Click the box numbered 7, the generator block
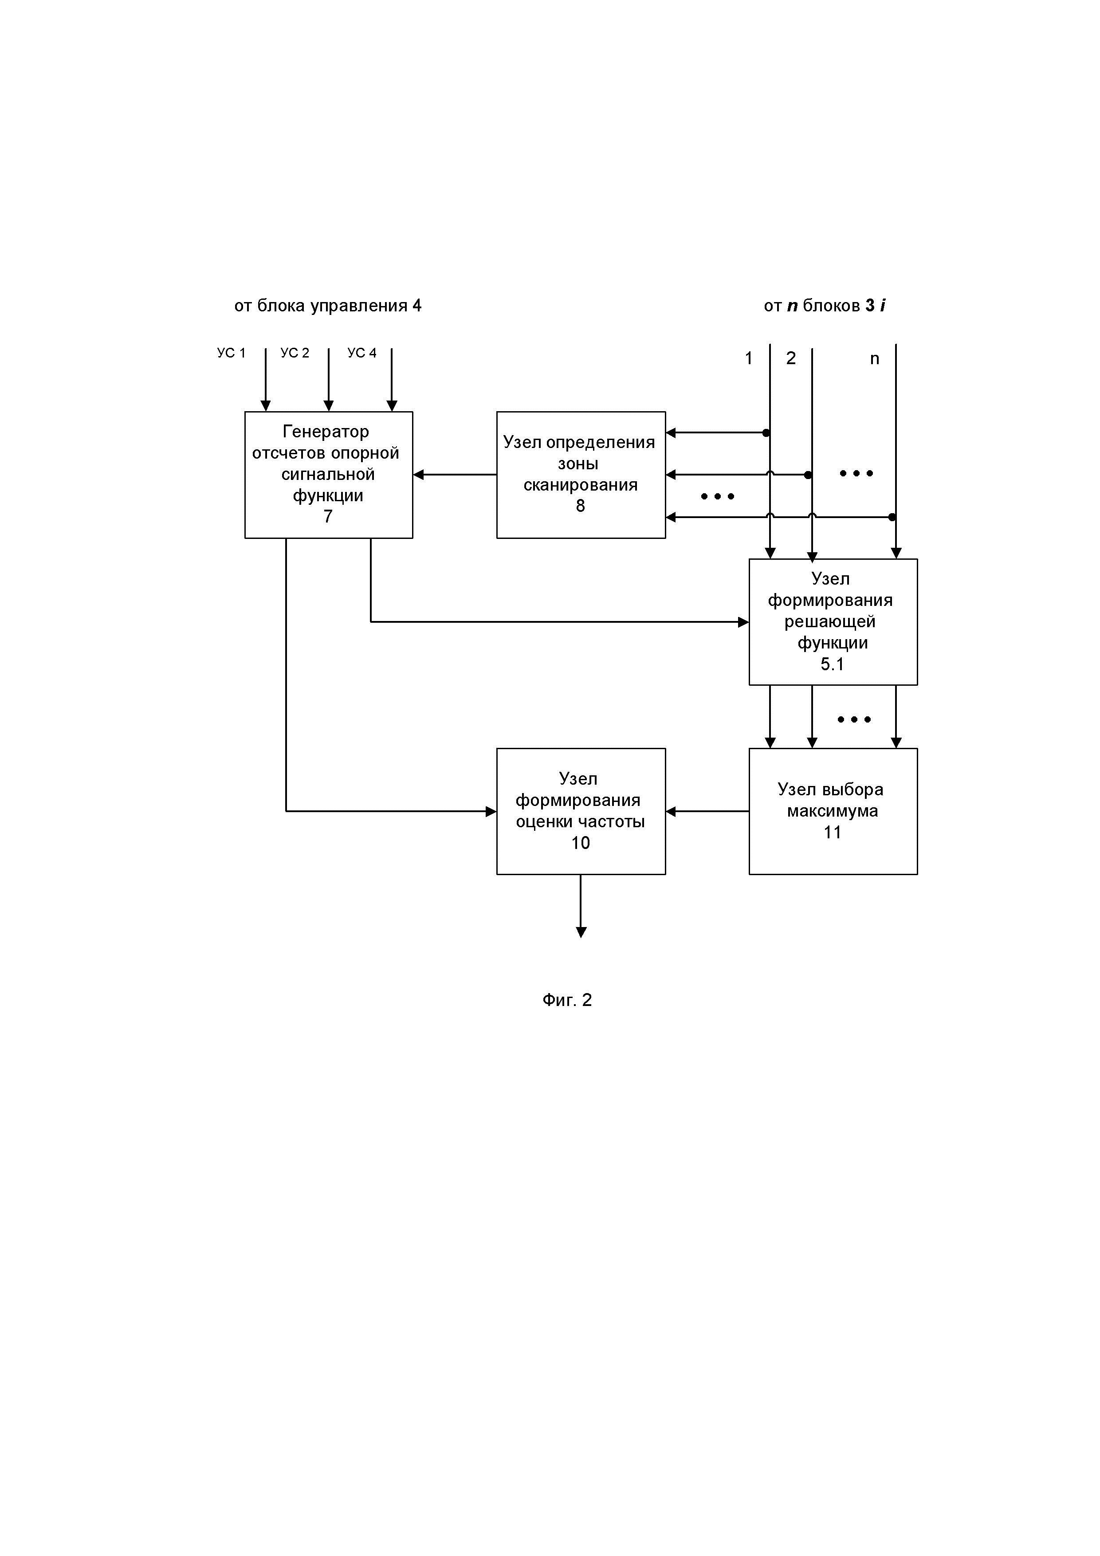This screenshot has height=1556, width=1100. pos(328,475)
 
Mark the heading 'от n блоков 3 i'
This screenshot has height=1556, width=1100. pos(824,306)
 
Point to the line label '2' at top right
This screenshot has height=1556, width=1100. pos(790,358)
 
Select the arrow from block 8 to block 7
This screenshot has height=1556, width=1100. pos(454,475)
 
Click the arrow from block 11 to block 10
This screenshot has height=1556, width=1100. pos(707,811)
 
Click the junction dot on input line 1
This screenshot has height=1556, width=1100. pos(766,432)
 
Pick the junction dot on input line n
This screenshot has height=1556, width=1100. pos(892,517)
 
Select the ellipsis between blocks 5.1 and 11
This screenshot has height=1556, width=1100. pos(854,719)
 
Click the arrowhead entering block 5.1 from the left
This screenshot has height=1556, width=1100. pos(743,621)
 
